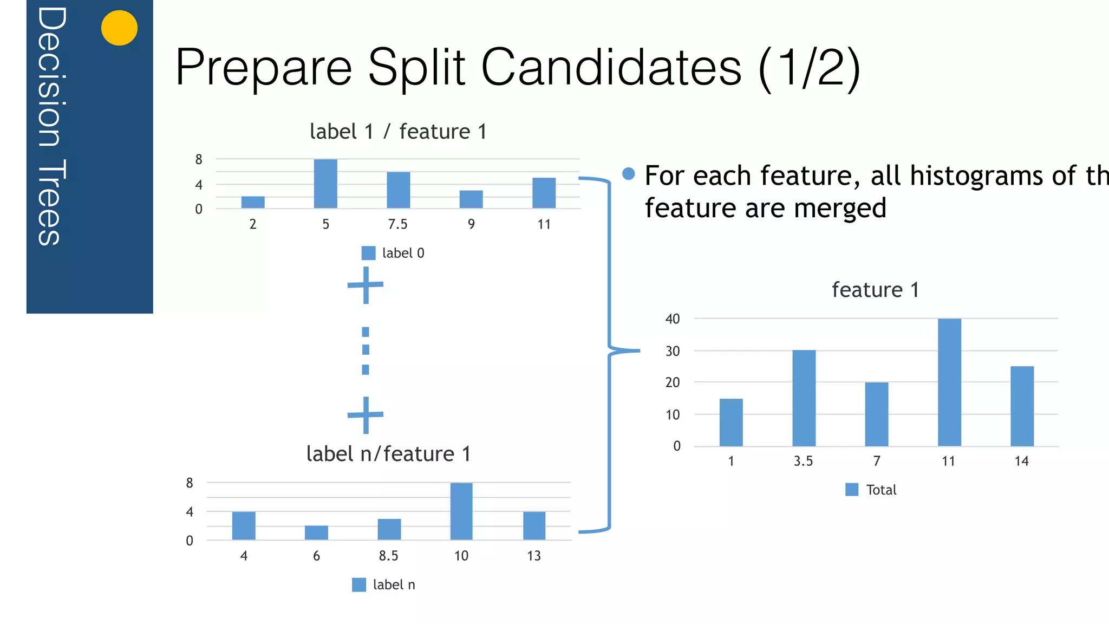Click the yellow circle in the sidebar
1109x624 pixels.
point(119,28)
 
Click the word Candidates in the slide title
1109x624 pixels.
point(611,67)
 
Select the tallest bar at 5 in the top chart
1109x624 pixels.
point(325,184)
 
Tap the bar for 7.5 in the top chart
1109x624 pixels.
point(398,190)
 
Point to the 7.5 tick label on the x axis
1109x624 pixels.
point(397,224)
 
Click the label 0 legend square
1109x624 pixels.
point(368,253)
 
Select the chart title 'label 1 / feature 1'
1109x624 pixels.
point(398,132)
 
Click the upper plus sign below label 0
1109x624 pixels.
point(366,285)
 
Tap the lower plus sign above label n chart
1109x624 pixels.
point(366,415)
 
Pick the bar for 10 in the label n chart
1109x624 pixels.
point(461,511)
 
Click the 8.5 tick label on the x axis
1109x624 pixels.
point(388,556)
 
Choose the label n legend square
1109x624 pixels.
point(358,584)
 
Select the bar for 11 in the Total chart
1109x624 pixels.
point(949,382)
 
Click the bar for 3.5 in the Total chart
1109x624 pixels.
point(804,398)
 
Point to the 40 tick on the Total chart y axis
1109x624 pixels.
point(673,319)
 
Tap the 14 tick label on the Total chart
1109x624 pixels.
point(1021,461)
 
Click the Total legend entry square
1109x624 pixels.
point(852,490)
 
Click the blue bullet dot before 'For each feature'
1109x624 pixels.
point(628,173)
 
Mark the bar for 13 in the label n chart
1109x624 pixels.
point(534,525)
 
